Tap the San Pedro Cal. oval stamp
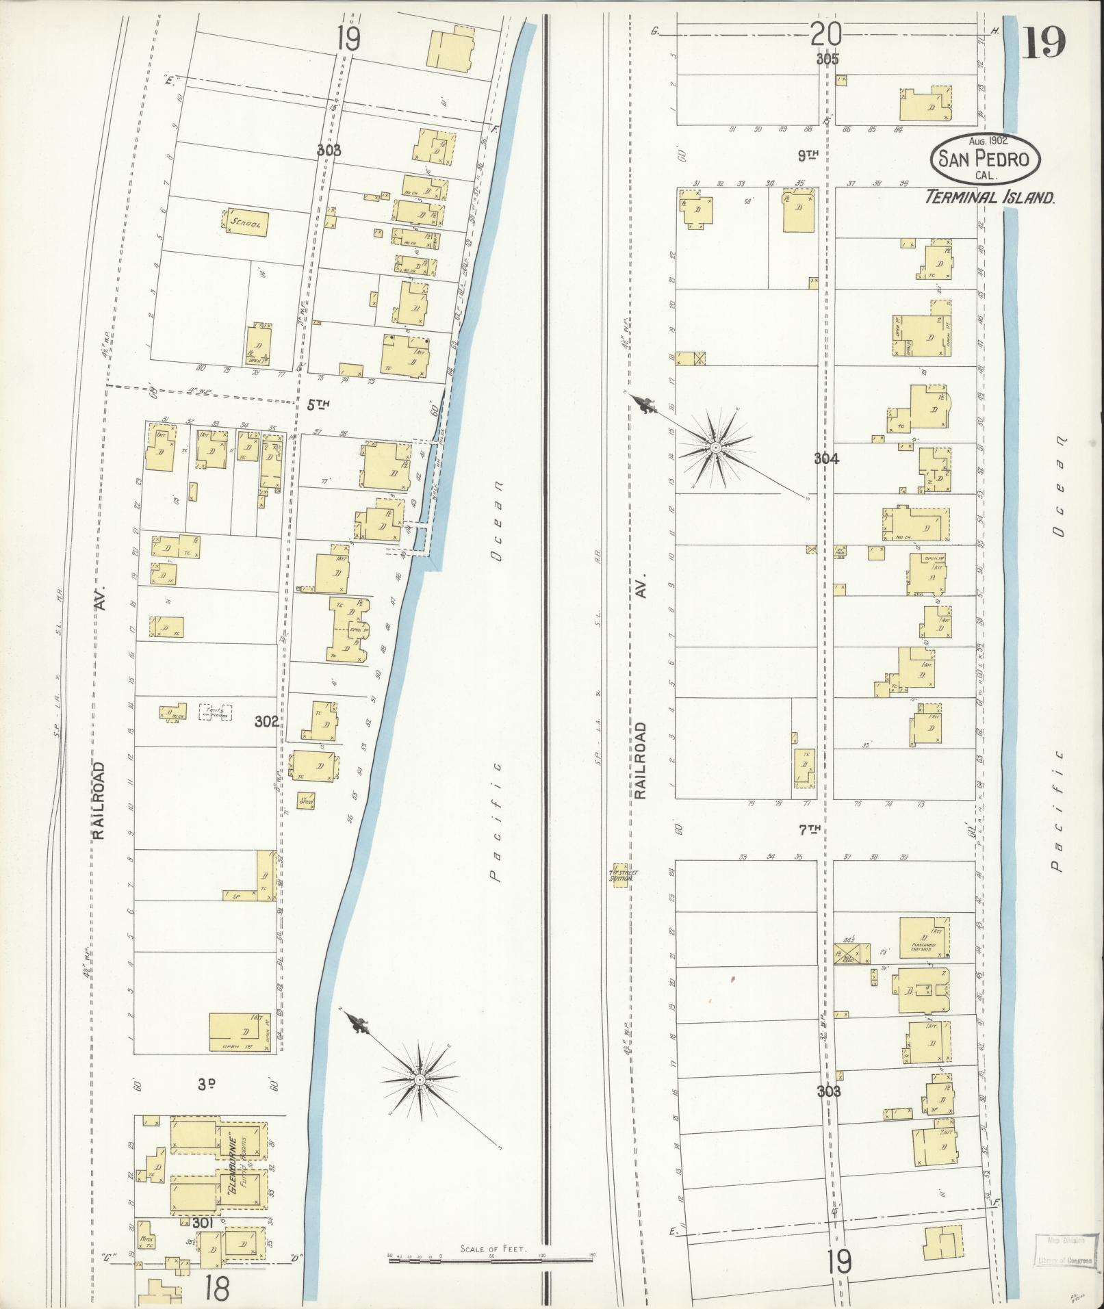coord(984,159)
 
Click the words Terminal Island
coord(989,198)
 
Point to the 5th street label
coord(318,405)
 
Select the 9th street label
coord(809,156)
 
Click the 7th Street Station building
coord(619,875)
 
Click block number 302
coord(266,721)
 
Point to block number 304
coord(826,459)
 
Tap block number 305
coord(827,60)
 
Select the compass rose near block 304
coord(715,447)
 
